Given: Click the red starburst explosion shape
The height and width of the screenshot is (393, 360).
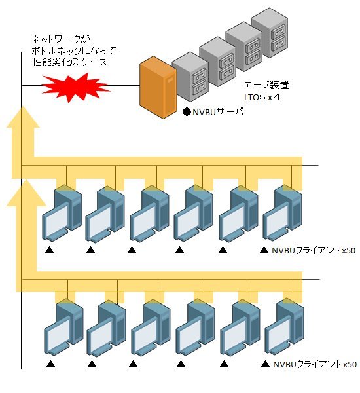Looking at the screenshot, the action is (x=76, y=87).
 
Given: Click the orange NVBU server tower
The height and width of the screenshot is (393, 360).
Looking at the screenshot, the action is (x=158, y=87).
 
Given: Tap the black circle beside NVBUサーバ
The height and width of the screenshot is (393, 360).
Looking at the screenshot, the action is (x=187, y=112).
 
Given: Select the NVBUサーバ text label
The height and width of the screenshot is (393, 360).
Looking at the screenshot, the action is (x=218, y=111).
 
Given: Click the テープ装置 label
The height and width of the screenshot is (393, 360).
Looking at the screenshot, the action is (x=266, y=85).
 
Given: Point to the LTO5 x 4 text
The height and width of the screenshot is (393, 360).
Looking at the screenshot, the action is (x=262, y=97).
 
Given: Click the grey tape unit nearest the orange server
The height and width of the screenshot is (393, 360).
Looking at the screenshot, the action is (x=190, y=77).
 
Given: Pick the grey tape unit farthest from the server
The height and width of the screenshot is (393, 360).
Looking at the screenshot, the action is (x=270, y=33).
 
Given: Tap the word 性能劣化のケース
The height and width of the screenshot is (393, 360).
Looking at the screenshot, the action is (x=70, y=62).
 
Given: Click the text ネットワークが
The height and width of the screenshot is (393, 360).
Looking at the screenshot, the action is (x=61, y=39).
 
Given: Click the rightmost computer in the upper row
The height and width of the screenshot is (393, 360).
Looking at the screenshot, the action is (x=282, y=214).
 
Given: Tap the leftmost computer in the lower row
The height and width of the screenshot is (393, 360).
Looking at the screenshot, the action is (x=63, y=327).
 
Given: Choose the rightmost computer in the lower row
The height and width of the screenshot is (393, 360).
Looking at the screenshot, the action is (x=284, y=327).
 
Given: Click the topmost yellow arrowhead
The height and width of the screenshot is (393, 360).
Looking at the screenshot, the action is (x=23, y=117).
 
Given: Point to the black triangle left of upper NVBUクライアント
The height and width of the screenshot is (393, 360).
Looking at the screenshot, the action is (x=264, y=250).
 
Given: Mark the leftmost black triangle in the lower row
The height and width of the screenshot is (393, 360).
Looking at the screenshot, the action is (x=50, y=364).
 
